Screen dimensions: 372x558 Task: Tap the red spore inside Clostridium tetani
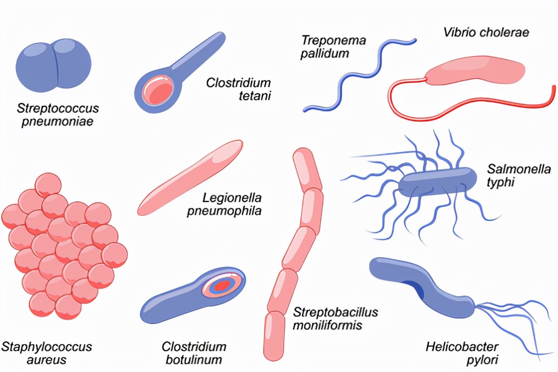(x=158, y=90)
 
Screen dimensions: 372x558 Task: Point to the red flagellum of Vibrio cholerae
(x=470, y=114)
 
